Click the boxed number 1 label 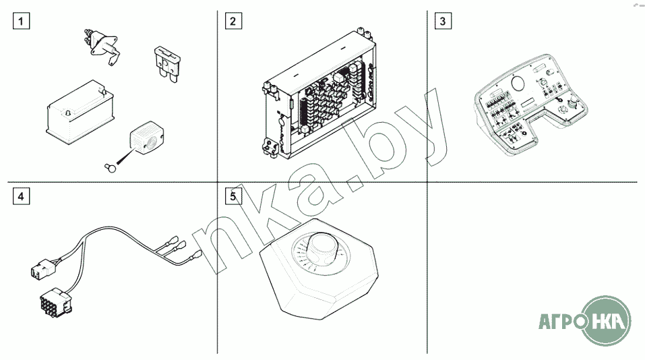point(21,21)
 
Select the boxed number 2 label point(233,21)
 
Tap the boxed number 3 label point(443,21)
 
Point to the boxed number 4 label point(21,196)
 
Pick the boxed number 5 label point(233,196)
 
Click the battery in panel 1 point(80,111)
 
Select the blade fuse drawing point(167,65)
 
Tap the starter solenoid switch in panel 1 point(101,46)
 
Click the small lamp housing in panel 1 point(147,138)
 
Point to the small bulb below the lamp point(111,167)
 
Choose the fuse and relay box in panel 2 point(319,94)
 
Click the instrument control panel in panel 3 point(531,104)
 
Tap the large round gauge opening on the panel point(518,83)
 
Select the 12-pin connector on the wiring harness point(55,301)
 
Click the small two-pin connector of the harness point(42,268)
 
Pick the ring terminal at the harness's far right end point(196,256)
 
